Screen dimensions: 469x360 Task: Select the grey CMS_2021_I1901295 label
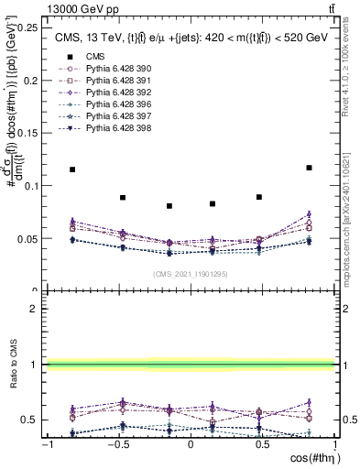click(190, 274)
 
